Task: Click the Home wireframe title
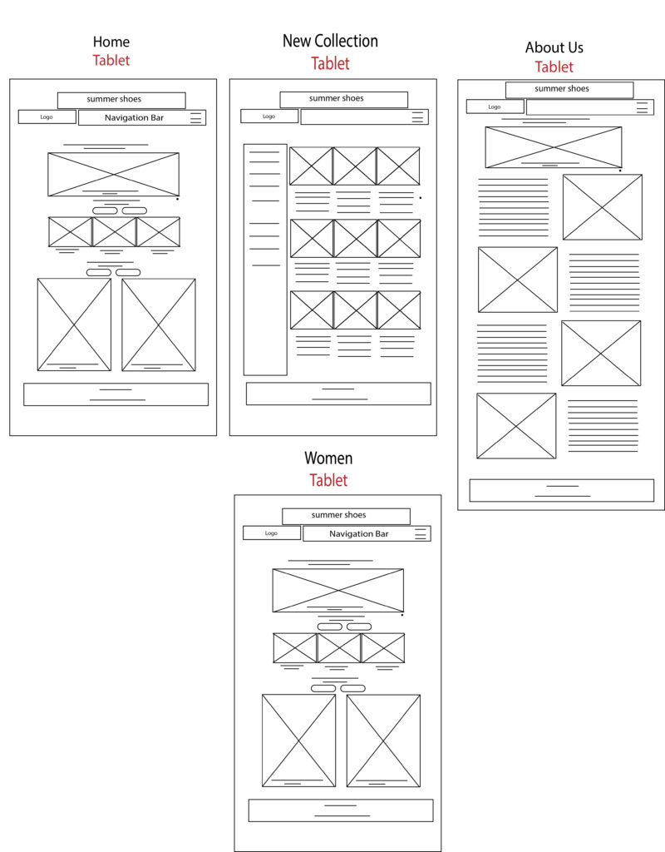pos(111,42)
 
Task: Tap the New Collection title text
pos(330,41)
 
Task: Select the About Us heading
pos(554,47)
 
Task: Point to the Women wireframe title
pos(328,458)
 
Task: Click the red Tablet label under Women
pos(328,480)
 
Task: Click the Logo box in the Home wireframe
pos(47,116)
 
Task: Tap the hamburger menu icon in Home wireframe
pos(195,117)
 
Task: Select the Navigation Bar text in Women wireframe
pos(359,533)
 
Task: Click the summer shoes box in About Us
pos(569,90)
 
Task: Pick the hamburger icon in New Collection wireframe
pos(417,116)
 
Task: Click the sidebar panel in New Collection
pos(265,260)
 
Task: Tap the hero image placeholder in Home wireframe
pos(113,175)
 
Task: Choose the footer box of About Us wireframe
pos(561,491)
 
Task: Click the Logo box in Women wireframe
pos(272,533)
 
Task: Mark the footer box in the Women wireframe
pos(341,810)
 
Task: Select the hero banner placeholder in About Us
pos(553,147)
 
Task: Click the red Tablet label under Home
pos(111,60)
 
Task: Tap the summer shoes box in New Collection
pos(343,100)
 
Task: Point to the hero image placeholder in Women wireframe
pos(338,591)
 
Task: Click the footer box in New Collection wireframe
pos(339,394)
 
